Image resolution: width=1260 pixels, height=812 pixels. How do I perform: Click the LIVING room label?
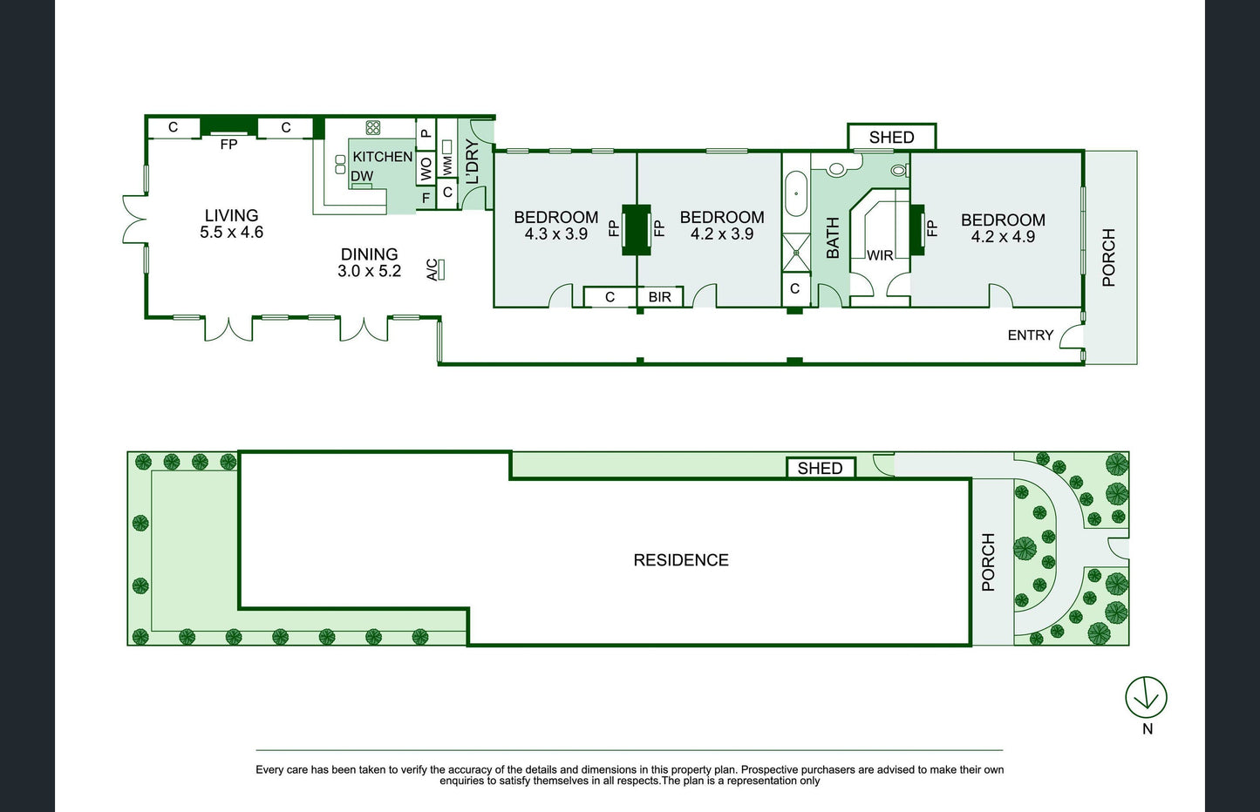point(231,215)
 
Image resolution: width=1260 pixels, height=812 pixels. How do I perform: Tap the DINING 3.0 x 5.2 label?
point(369,262)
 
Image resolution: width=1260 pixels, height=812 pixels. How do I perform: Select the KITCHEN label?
point(383,157)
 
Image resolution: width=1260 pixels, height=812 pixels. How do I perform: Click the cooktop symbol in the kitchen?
point(373,127)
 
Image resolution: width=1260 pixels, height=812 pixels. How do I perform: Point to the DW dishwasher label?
point(362,176)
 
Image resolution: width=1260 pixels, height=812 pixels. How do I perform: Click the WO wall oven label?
point(426,168)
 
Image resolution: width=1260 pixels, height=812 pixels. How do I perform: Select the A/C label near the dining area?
point(432,270)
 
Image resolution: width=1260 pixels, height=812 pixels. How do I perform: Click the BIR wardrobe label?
point(659,297)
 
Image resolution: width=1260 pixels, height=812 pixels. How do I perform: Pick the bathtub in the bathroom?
point(796,194)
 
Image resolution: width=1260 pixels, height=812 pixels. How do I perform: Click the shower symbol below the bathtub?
point(796,253)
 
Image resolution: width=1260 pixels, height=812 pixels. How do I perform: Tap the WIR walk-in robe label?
point(880,255)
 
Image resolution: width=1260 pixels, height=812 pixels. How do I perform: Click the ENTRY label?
point(1030,335)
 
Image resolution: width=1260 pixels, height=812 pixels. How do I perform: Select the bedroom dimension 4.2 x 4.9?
point(1003,237)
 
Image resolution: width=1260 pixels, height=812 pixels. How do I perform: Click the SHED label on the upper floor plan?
point(891,137)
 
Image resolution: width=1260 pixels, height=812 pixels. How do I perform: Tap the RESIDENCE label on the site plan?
point(681,559)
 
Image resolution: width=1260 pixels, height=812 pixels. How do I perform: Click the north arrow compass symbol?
point(1146,697)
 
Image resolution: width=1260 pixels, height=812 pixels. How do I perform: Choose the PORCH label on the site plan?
point(988,562)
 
